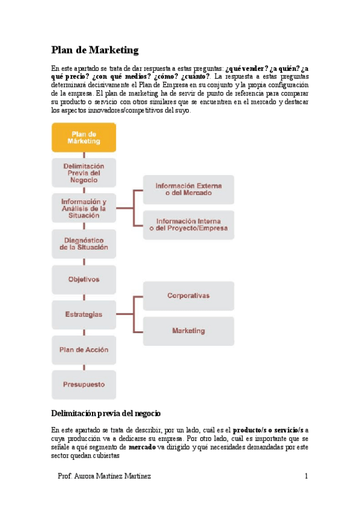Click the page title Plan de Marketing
94,50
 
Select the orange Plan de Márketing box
84,137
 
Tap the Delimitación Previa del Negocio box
84,173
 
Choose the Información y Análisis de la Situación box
84,208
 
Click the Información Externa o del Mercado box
188,189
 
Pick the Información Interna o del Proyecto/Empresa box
188,224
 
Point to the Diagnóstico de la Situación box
84,244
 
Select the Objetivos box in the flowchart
84,279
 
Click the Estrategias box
84,315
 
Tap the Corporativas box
188,296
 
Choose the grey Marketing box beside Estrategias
188,331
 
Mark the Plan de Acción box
84,349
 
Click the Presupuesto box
84,385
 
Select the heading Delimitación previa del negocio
106,414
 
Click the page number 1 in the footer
306,476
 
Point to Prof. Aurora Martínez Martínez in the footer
104,476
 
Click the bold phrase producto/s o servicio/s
269,431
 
